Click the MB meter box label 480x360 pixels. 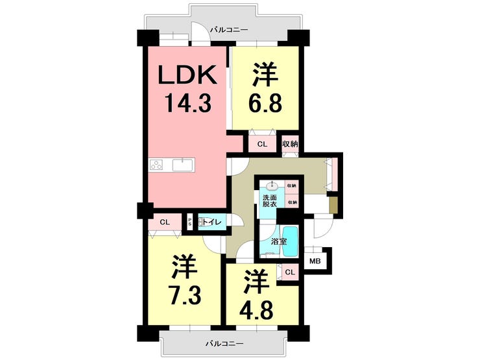[315, 261]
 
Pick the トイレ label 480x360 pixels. [212, 222]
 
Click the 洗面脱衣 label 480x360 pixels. [269, 200]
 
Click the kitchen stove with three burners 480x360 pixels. [158, 165]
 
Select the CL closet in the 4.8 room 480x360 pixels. [290, 272]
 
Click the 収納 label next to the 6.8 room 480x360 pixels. [290, 144]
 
